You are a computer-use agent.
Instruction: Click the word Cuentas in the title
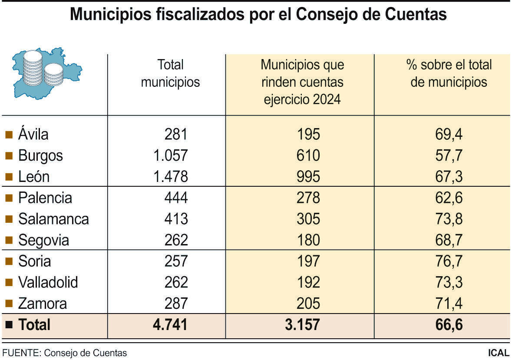tap(416, 14)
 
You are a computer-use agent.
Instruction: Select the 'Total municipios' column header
tap(170, 73)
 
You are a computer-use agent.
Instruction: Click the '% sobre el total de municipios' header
tap(449, 73)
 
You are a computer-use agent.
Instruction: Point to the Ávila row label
tap(33, 134)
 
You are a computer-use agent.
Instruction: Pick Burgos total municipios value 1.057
tap(170, 155)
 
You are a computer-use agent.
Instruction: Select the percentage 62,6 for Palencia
tap(449, 198)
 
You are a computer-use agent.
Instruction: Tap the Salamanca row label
tap(53, 219)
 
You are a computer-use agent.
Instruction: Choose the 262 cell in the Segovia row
tap(176, 240)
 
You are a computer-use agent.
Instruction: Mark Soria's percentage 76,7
tap(449, 261)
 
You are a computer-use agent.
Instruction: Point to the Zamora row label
tap(43, 304)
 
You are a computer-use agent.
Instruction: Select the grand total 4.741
tap(170, 325)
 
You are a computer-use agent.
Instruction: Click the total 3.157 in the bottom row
tap(302, 325)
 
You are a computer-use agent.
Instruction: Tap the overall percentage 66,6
tap(449, 325)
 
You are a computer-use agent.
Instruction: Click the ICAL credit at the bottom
tap(498, 353)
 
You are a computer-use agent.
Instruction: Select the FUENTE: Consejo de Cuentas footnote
tap(65, 353)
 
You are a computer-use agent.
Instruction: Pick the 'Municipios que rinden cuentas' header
tap(302, 82)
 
